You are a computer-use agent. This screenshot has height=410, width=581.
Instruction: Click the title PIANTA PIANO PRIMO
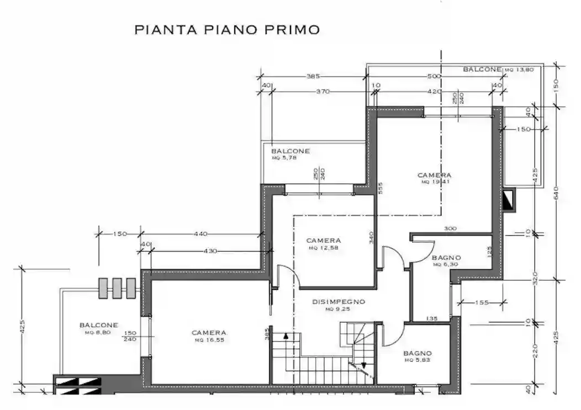227,30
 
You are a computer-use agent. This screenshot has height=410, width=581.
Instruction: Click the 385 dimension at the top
314,76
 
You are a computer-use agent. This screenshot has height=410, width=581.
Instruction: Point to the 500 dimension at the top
434,76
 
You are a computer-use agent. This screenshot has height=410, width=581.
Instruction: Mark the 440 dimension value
200,234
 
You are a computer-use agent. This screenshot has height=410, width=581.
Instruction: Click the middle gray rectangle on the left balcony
117,287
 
